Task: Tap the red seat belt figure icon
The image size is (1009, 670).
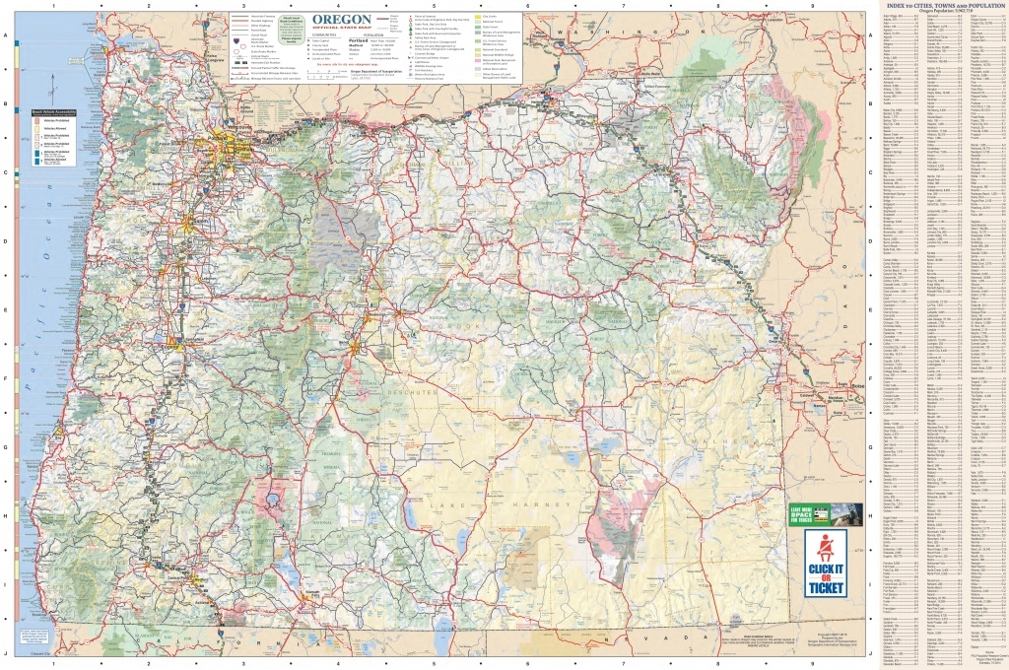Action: (x=825, y=549)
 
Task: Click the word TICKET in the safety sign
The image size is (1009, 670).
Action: (x=826, y=589)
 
